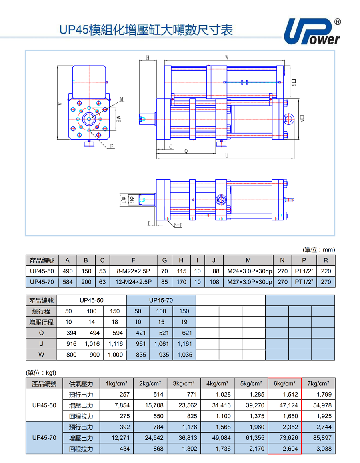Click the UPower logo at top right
[x=312, y=32]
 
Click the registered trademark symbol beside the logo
[x=338, y=22]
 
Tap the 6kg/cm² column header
[x=284, y=383]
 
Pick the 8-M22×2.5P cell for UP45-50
[x=134, y=271]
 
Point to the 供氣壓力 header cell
[x=81, y=383]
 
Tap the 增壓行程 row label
[x=41, y=322]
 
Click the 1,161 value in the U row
[x=184, y=344]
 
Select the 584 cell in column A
[x=68, y=282]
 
